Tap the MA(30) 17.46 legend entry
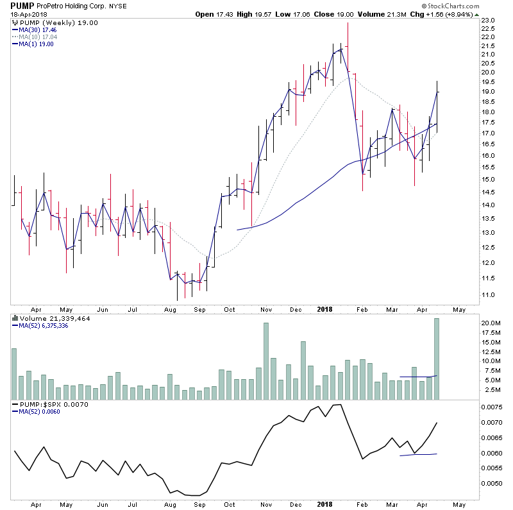pyautogui.click(x=40, y=30)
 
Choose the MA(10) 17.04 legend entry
pyautogui.click(x=40, y=37)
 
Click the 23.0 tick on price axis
pyautogui.click(x=489, y=21)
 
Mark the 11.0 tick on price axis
pyautogui.click(x=489, y=295)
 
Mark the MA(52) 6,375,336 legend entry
pyautogui.click(x=45, y=325)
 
